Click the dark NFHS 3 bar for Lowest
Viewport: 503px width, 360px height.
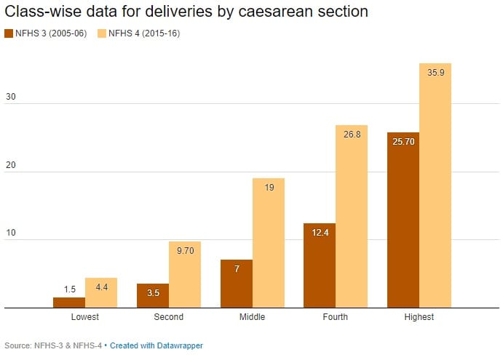[x=69, y=303]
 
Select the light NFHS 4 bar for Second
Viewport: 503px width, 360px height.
[x=185, y=275]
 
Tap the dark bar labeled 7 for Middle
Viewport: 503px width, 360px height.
[x=236, y=284]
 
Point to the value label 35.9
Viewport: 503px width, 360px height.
[x=436, y=73]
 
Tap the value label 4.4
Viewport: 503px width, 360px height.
[x=101, y=287]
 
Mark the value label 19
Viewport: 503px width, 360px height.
[x=269, y=188]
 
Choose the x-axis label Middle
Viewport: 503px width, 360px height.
[x=253, y=317]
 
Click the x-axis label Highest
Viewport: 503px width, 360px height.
[x=419, y=317]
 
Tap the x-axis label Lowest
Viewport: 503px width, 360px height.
[x=85, y=317]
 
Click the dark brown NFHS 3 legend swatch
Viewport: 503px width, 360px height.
[x=9, y=33]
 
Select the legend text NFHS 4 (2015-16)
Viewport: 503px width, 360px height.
[x=146, y=33]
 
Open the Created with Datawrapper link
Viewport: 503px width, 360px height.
[x=157, y=345]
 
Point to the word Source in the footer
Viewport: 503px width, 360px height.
[x=17, y=345]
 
